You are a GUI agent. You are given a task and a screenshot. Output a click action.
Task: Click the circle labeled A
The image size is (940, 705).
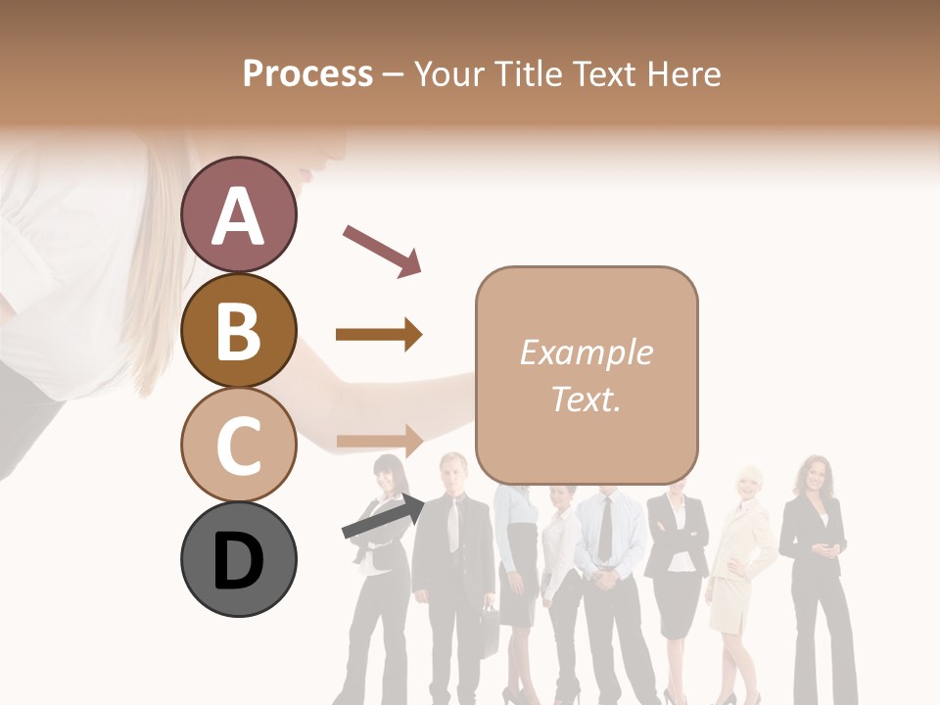[x=238, y=214]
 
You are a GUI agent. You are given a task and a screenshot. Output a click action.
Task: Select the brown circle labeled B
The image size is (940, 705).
[x=238, y=330]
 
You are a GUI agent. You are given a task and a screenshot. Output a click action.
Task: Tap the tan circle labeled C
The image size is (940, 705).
[x=238, y=445]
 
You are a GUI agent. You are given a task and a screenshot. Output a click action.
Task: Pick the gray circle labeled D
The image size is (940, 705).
[x=238, y=560]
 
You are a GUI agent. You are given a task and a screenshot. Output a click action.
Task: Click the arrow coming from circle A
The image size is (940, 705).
[x=382, y=250]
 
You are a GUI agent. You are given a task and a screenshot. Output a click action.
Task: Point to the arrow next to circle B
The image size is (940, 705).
[x=379, y=335]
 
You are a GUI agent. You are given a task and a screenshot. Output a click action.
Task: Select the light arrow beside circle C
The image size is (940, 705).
[x=379, y=441]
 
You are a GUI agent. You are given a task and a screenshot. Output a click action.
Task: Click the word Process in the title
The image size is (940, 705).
[x=307, y=73]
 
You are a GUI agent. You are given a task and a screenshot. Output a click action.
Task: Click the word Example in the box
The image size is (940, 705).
[x=586, y=352]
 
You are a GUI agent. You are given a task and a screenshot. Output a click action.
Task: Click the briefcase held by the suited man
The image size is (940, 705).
[x=488, y=627]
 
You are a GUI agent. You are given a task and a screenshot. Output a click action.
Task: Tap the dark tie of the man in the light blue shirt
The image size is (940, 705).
[x=605, y=529]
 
